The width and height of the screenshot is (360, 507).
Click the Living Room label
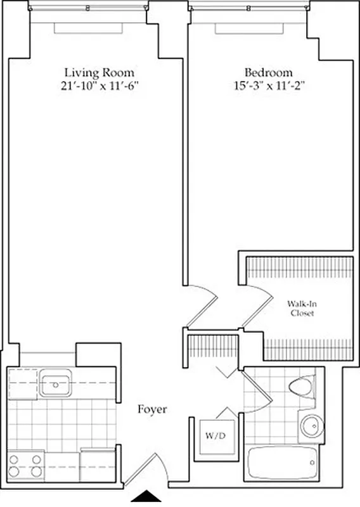click(100, 72)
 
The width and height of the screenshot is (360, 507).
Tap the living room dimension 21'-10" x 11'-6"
click(100, 86)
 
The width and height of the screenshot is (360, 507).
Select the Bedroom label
click(268, 72)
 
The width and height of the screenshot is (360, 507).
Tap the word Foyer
click(152, 410)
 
